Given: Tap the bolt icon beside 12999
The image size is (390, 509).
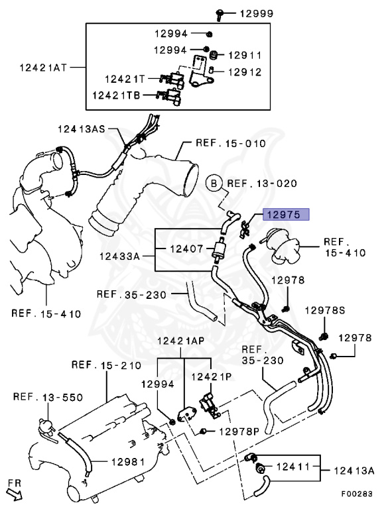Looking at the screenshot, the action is click(220, 15).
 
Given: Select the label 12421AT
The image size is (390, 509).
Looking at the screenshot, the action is click(43, 68).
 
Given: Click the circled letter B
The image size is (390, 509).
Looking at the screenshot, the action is click(214, 184).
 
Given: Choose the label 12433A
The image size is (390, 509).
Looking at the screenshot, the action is click(119, 256).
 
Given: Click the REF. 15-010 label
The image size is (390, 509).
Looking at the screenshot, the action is click(231, 143).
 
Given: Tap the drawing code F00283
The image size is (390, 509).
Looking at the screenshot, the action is click(357, 494).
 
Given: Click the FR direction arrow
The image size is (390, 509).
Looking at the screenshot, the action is click(15, 494).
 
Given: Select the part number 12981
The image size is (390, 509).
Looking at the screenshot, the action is click(128, 461).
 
